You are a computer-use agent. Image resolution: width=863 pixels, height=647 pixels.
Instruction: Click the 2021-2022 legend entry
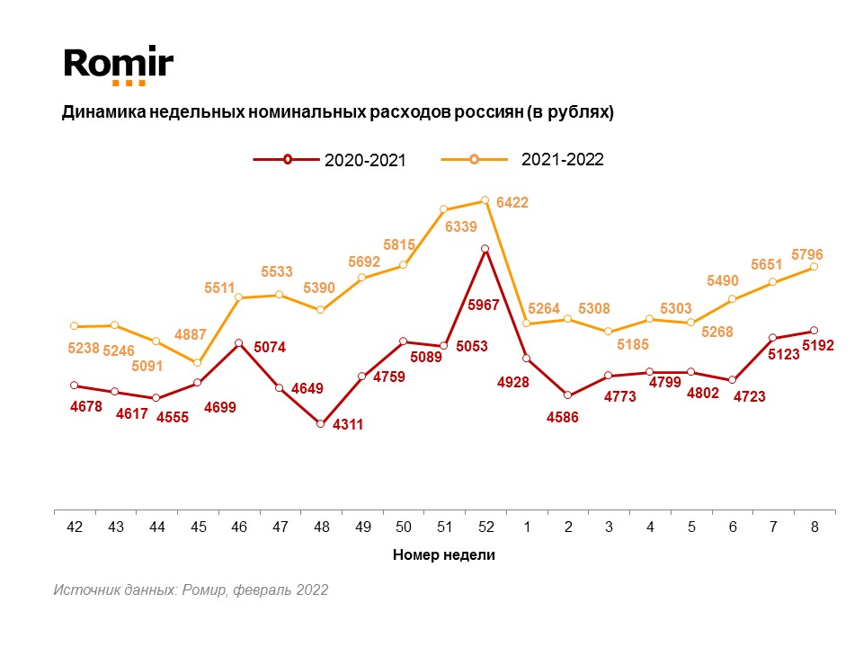521,159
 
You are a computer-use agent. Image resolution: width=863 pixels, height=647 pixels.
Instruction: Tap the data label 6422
512,203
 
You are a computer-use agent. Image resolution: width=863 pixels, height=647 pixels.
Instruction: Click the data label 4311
348,424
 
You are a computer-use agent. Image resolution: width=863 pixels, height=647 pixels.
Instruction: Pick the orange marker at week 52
485,200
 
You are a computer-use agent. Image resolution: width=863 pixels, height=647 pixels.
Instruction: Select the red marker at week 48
321,423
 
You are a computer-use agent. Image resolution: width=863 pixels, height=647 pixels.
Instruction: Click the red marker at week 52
485,249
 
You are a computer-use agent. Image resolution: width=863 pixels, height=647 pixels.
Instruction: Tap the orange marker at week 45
198,362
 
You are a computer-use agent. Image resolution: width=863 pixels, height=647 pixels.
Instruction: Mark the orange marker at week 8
814,267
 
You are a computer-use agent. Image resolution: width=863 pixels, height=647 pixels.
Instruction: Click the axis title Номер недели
444,555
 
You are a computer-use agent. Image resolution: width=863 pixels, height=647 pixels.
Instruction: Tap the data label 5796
806,254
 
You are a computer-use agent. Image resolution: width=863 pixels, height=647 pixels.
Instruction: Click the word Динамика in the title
97,113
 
